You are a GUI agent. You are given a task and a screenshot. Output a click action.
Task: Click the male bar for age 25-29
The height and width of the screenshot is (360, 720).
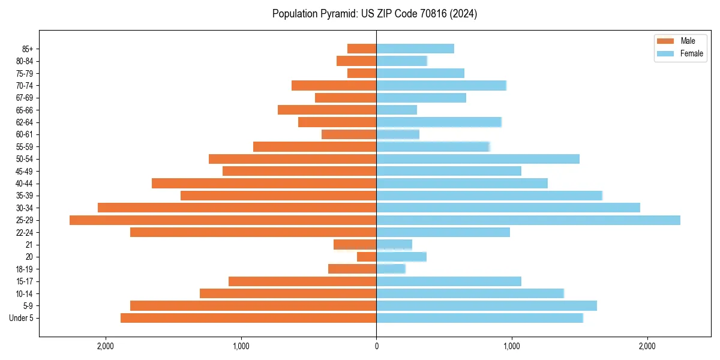(223, 220)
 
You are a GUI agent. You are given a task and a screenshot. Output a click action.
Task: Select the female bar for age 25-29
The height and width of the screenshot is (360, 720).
(528, 220)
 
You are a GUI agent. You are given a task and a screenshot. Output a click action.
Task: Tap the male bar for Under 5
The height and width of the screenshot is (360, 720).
(248, 318)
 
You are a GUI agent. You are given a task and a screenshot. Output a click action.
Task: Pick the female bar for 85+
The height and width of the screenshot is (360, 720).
(415, 49)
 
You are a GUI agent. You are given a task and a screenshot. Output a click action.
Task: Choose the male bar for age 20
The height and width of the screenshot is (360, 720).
(367, 257)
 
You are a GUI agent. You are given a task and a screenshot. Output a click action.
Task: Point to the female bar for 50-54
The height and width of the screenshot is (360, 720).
(478, 159)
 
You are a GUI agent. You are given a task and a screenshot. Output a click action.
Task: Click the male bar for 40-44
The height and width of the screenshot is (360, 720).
(264, 183)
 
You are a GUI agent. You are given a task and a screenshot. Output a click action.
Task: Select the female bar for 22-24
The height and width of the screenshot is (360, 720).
(443, 232)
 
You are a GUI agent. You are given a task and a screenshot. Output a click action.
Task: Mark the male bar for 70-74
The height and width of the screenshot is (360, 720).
(334, 85)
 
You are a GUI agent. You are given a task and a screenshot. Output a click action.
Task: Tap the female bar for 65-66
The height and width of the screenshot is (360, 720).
(397, 110)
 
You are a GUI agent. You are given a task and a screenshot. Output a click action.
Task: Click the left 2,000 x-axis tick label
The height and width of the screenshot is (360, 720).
(105, 346)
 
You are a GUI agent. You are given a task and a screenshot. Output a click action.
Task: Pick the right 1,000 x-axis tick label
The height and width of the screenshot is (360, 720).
(512, 346)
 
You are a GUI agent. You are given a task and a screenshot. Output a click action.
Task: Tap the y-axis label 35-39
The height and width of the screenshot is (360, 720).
(25, 196)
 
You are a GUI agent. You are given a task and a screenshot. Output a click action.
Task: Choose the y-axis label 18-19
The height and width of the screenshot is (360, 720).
(25, 269)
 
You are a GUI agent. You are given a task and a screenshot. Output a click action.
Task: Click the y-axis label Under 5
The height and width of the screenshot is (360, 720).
(22, 318)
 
